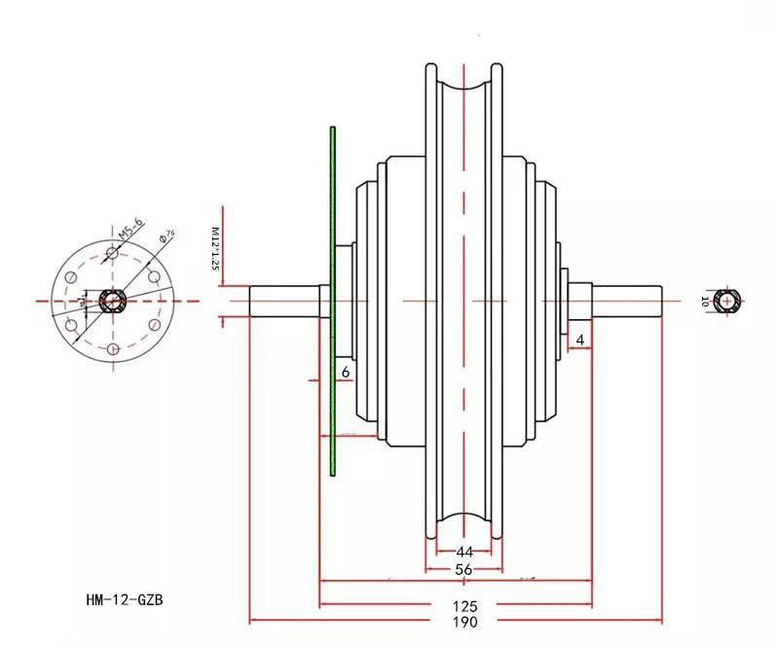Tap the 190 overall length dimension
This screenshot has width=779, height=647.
pos(464,622)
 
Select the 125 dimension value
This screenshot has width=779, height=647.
pos(464,605)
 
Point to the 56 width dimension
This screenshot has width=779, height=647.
pos(464,569)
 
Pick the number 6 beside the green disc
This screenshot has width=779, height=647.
pos(345,372)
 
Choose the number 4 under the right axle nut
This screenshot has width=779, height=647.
pos(580,340)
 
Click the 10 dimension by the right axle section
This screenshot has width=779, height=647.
pos(703,302)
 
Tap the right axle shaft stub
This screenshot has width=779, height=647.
pos(628,301)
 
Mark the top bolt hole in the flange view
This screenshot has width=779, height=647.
pos(113,252)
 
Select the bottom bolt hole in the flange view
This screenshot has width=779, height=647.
pos(113,349)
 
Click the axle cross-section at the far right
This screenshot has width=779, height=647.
pos(727,302)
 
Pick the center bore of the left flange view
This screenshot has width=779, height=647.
pos(113,301)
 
